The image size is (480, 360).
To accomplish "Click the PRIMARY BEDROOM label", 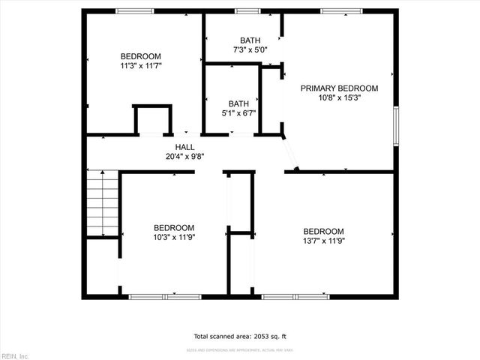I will (x=339, y=88).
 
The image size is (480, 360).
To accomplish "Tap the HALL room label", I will (x=184, y=147).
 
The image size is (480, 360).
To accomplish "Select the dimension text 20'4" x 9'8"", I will (x=184, y=157).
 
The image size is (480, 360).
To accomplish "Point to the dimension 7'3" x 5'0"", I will (x=249, y=50).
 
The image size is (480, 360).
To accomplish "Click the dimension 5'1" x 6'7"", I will (x=238, y=113).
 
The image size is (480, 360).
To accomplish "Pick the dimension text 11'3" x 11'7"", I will (x=141, y=66).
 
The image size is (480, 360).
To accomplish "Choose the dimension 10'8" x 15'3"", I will (x=339, y=97).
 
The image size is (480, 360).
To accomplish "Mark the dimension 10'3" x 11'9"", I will (x=174, y=238).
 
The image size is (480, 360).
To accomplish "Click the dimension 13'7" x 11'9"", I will (x=323, y=241).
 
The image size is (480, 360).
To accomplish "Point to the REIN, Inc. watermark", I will (x=15, y=355).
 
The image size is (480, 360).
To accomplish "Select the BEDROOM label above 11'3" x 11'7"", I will (x=141, y=56).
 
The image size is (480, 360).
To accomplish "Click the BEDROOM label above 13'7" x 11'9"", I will (x=323, y=231).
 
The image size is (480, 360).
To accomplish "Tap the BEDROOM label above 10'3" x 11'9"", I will (x=174, y=228).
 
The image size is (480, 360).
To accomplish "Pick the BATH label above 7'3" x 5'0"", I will (x=249, y=40).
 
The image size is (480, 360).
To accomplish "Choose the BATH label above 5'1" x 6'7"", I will (x=238, y=103).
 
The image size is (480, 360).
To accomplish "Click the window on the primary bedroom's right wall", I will (x=395, y=123).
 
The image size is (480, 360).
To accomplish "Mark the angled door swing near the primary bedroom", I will (x=289, y=154).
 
